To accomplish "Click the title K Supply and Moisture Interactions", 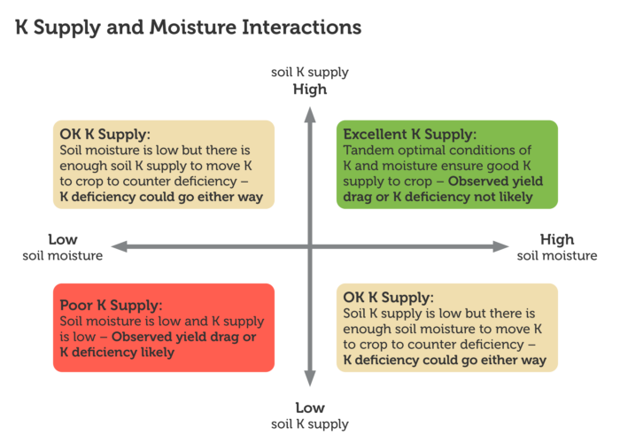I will pyautogui.click(x=188, y=27).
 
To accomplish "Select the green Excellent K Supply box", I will pyautogui.click(x=446, y=165).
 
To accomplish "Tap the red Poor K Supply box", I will pyautogui.click(x=163, y=329).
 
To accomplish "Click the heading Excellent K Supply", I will pyautogui.click(x=409, y=135).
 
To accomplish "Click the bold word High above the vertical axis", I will pyautogui.click(x=310, y=89).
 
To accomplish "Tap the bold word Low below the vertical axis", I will pyautogui.click(x=310, y=408).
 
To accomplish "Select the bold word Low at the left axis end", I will pyautogui.click(x=62, y=239).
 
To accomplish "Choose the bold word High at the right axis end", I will pyautogui.click(x=556, y=239).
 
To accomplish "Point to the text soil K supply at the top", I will pyautogui.click(x=310, y=72).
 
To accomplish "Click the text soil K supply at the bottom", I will pyautogui.click(x=310, y=424).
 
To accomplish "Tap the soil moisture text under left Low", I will pyautogui.click(x=62, y=256).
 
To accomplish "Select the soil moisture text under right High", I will pyautogui.click(x=556, y=256).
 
